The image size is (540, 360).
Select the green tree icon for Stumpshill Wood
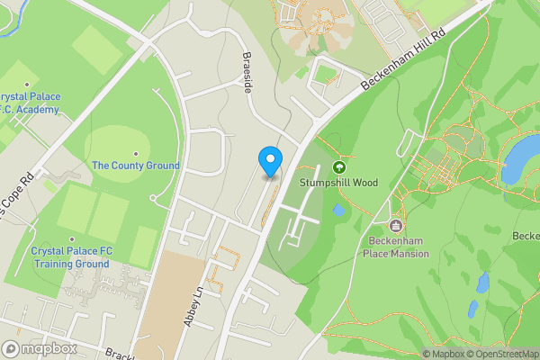pyautogui.click(x=339, y=167)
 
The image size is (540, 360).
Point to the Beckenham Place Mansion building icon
pyautogui.click(x=397, y=224)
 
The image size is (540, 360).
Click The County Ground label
pyautogui.click(x=136, y=166)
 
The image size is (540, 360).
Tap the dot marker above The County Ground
pyautogui.click(x=136, y=153)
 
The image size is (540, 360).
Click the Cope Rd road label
pyautogui.click(x=17, y=197)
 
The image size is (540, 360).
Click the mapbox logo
pyautogui.click(x=40, y=348)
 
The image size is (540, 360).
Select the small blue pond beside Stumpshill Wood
pyautogui.click(x=337, y=211)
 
